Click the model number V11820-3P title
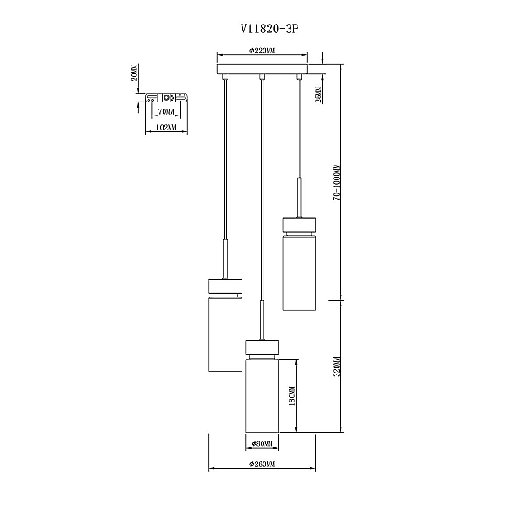pyautogui.click(x=269, y=29)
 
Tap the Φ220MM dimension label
pyautogui.click(x=262, y=51)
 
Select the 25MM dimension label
pyautogui.click(x=318, y=94)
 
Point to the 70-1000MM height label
pyautogui.click(x=337, y=183)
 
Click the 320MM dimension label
pyautogui.click(x=337, y=367)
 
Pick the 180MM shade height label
pyautogui.click(x=291, y=397)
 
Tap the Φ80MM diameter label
pyautogui.click(x=262, y=444)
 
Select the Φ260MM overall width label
pyautogui.click(x=262, y=464)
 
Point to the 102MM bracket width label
pyautogui.click(x=166, y=127)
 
